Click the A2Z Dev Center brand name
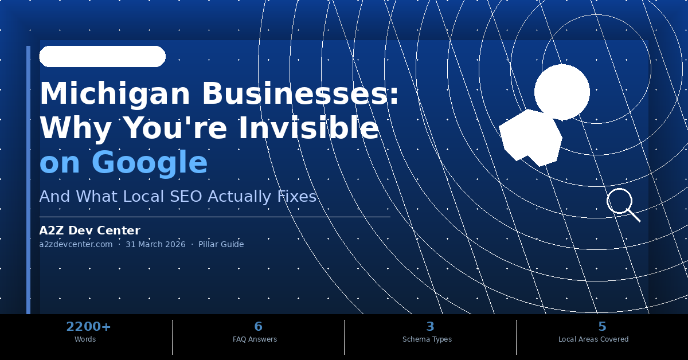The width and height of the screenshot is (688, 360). click(x=89, y=230)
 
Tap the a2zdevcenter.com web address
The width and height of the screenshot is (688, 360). click(x=76, y=244)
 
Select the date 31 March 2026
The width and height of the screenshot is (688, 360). click(x=155, y=244)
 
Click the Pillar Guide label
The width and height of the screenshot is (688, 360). click(x=221, y=244)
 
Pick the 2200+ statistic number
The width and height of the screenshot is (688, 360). click(x=88, y=327)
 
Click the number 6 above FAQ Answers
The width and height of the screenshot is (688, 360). click(x=258, y=327)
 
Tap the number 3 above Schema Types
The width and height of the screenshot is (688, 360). click(x=430, y=327)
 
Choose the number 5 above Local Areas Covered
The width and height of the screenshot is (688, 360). click(x=602, y=327)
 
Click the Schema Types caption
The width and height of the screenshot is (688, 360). click(x=427, y=339)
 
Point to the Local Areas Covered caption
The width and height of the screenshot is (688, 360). click(x=593, y=339)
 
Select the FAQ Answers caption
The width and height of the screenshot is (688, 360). click(x=255, y=339)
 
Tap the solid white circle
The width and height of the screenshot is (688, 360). click(x=562, y=92)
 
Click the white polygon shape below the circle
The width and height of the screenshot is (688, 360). click(x=530, y=138)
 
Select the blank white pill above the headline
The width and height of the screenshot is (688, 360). click(x=102, y=56)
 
